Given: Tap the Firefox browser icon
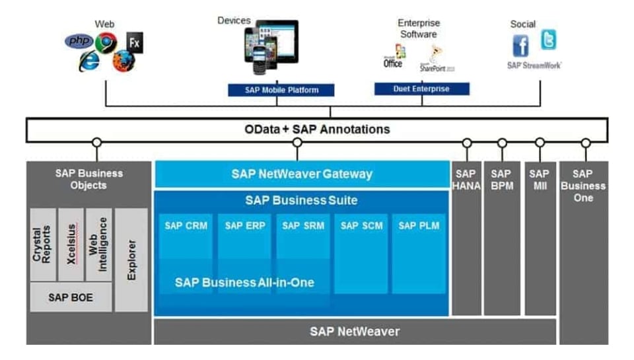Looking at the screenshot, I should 123,61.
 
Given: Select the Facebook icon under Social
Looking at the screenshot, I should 521,46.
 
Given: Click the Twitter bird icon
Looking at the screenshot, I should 548,40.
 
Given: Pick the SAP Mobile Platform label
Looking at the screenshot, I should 281,90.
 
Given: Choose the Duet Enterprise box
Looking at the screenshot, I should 421,89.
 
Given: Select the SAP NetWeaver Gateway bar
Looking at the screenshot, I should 302,174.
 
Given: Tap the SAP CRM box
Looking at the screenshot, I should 186,226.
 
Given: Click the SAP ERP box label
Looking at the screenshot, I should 244,226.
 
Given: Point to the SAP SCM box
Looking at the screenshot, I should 361,226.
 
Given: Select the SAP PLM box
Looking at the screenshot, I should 419,226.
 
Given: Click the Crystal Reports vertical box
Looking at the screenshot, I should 43,245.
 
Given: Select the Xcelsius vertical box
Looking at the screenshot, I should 71,245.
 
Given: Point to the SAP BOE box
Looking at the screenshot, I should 71,297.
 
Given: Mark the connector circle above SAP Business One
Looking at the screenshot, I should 585,143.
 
